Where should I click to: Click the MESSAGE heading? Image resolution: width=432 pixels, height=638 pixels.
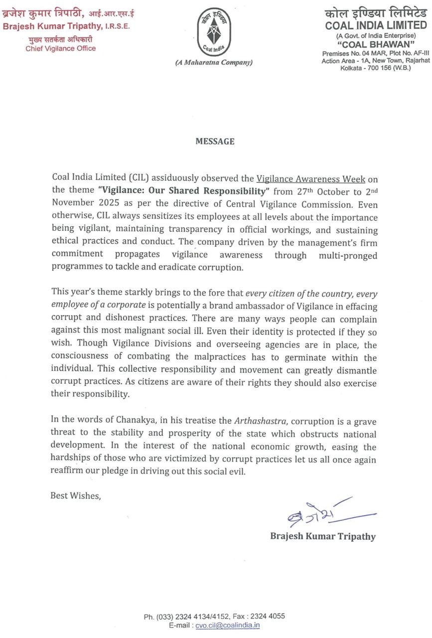tap(215, 142)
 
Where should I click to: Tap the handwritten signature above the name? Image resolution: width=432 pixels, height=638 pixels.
tap(324, 515)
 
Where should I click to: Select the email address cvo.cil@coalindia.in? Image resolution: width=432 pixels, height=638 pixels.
tap(228, 626)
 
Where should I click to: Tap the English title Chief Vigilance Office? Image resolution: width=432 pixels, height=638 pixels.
tap(61, 48)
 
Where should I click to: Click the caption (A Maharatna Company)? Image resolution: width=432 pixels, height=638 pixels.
tap(214, 62)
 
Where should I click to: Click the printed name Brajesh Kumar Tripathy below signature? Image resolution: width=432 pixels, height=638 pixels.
tap(323, 536)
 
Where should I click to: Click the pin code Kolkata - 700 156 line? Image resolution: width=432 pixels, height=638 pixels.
tap(375, 67)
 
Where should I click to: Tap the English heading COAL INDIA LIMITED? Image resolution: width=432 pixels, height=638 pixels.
tap(376, 25)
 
